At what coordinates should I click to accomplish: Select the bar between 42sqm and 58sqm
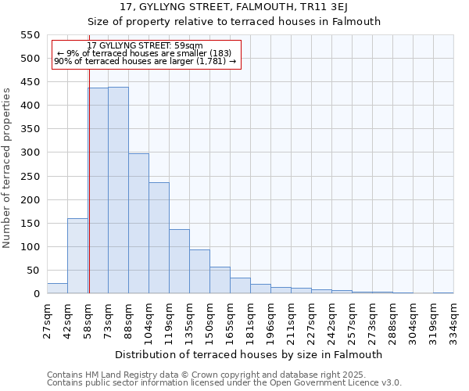click(x=77, y=256)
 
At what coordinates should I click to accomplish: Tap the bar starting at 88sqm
click(x=138, y=224)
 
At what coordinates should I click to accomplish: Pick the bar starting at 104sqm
click(x=159, y=238)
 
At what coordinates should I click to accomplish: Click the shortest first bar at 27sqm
click(x=57, y=289)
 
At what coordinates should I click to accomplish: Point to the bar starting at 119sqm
click(x=179, y=261)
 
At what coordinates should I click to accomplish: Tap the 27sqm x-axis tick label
click(x=47, y=321)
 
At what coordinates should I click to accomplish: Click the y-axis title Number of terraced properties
click(x=7, y=168)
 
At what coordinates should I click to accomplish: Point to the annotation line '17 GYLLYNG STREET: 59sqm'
click(x=145, y=45)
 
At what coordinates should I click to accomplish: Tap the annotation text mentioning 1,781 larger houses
click(x=145, y=61)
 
